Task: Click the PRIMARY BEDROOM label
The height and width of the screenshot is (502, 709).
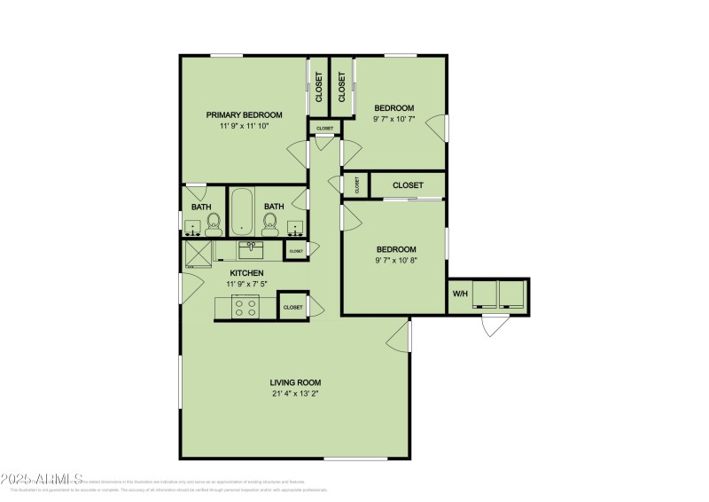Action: pyautogui.click(x=244, y=114)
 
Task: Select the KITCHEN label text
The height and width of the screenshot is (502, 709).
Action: pyautogui.click(x=246, y=272)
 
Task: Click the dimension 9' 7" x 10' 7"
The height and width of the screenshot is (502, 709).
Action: pyautogui.click(x=393, y=119)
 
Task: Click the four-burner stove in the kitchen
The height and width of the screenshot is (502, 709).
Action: pyautogui.click(x=245, y=307)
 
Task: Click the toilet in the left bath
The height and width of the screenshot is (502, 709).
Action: pyautogui.click(x=213, y=229)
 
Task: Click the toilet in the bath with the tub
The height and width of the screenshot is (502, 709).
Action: pyautogui.click(x=271, y=227)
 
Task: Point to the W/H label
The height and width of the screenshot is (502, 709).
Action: pyautogui.click(x=460, y=294)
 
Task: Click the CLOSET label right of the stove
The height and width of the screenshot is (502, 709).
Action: pyautogui.click(x=292, y=307)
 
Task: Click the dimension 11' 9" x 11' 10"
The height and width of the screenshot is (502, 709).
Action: pyautogui.click(x=244, y=126)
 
